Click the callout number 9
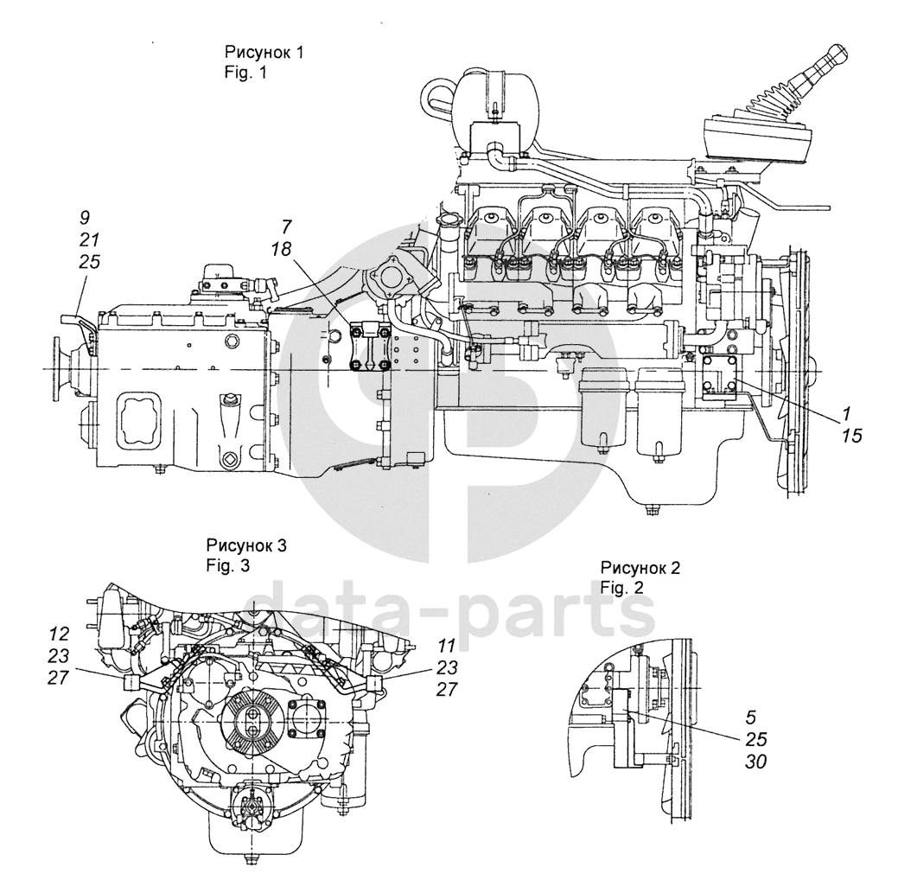click(85, 218)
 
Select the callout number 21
click(89, 240)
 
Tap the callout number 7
click(286, 226)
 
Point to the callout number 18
click(282, 249)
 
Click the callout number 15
click(851, 436)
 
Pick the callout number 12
click(59, 634)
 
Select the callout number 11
click(447, 646)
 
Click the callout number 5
click(751, 717)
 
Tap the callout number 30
click(755, 762)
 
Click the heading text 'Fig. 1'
click(245, 73)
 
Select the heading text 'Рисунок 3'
click(246, 545)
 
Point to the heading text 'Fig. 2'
click(622, 587)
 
